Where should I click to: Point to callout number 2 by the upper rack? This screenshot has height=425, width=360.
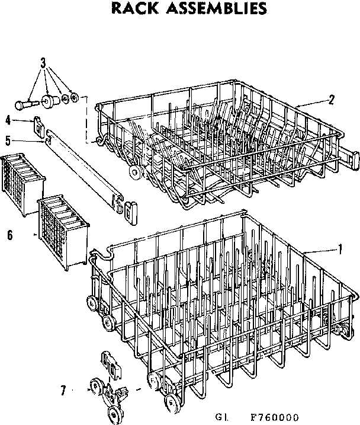[x=332, y=100]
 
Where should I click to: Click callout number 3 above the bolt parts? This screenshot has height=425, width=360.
[x=43, y=63]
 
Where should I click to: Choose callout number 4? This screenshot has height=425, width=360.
[x=8, y=120]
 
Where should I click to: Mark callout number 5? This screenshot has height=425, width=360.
[x=8, y=140]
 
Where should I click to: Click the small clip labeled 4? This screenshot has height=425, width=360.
[x=38, y=124]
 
